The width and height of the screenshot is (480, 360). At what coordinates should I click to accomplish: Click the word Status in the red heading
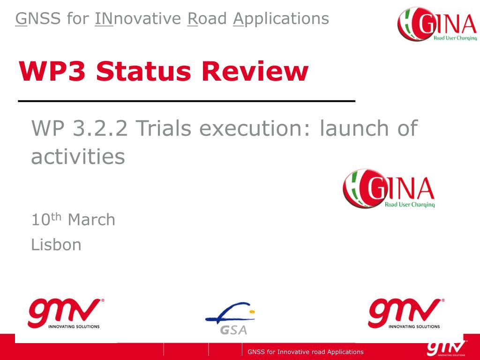[x=143, y=71]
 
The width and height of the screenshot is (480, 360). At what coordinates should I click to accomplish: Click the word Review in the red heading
[x=255, y=71]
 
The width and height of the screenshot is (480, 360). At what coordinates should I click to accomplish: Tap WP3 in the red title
[x=52, y=71]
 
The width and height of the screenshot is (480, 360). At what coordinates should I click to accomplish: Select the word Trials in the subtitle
[x=164, y=128]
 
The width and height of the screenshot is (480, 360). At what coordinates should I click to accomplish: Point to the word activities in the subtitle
[x=78, y=157]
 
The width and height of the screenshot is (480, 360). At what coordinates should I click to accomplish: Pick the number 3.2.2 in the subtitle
[x=100, y=128]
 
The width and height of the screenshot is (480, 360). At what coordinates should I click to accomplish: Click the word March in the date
[x=91, y=220]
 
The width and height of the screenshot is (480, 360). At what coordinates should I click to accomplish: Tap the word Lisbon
[x=56, y=245]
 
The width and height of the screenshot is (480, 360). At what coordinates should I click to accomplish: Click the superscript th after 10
[x=56, y=217]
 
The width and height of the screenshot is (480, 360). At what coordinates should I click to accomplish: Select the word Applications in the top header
[x=281, y=19]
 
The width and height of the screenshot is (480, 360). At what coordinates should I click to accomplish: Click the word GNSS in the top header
[x=38, y=19]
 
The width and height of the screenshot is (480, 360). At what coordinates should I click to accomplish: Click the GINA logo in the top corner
[x=437, y=24]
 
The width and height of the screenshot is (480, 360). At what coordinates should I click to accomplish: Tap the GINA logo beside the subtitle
[x=389, y=189]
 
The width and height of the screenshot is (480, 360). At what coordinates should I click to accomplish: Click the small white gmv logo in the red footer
[x=447, y=348]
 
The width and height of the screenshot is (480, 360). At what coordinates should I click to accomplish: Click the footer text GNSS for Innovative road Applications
[x=306, y=352]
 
